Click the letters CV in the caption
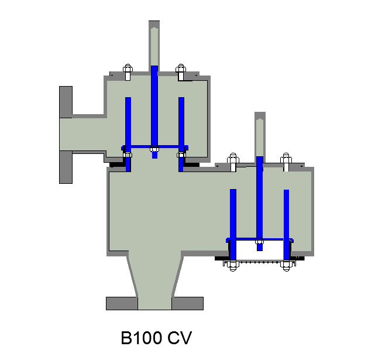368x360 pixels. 180,338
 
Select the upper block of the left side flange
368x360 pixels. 66,102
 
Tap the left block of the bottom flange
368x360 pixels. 122,303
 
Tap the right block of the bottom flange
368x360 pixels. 187,303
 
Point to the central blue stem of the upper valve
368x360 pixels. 154,105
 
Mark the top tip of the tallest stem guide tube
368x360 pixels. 154,23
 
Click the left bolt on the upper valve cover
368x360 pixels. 128,71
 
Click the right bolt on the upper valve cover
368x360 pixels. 181,71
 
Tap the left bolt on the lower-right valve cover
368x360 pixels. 233,161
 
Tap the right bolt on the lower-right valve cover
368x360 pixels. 286,161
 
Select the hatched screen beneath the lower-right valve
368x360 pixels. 259,263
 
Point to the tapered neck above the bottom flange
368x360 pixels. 154,275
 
